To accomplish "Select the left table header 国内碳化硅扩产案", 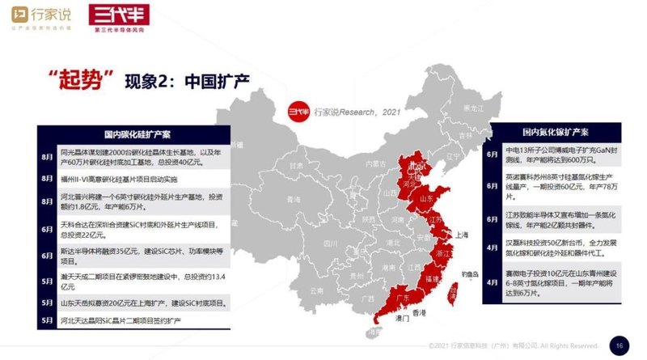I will (136, 133).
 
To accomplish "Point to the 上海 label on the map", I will (463, 235).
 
